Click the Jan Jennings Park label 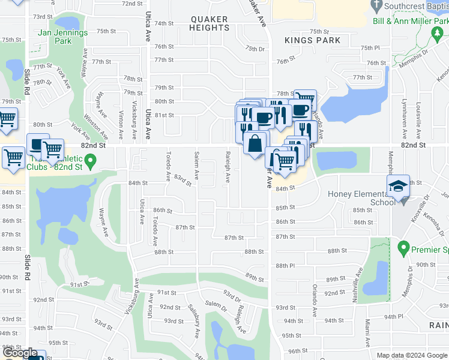[x=62, y=37]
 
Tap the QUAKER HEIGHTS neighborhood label [x=209, y=23]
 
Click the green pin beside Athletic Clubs [x=90, y=161]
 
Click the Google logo [x=20, y=353]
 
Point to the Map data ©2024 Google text [x=412, y=355]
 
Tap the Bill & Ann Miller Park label [x=411, y=20]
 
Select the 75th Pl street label [x=370, y=47]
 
